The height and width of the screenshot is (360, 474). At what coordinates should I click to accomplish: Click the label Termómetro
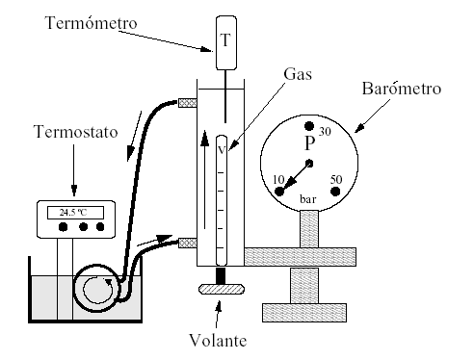(x=91, y=21)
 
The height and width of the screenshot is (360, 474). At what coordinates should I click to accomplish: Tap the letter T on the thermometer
(x=226, y=41)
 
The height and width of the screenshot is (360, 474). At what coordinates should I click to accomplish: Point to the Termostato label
(x=70, y=131)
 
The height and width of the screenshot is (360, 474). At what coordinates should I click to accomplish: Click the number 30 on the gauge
(x=325, y=133)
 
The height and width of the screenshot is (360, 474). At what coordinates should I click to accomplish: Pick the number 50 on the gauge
(x=337, y=180)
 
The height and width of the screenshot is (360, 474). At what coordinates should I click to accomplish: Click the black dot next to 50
(x=336, y=192)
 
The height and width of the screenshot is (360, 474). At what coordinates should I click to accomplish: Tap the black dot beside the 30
(x=309, y=126)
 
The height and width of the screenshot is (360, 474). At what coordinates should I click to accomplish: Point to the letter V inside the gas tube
(x=221, y=149)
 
